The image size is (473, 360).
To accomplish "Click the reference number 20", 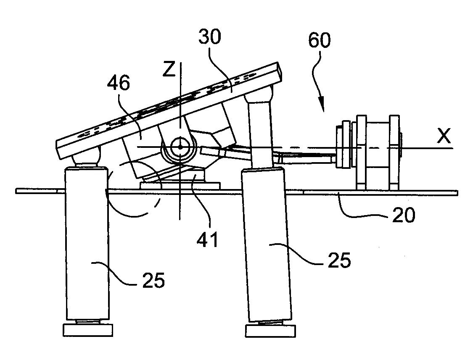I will (x=403, y=215).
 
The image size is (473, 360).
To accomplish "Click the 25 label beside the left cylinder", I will (x=152, y=280).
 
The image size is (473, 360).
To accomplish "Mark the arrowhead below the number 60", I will (x=322, y=110).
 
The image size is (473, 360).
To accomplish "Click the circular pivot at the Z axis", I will (x=180, y=147).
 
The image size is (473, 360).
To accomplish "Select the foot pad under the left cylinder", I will (x=87, y=329).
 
